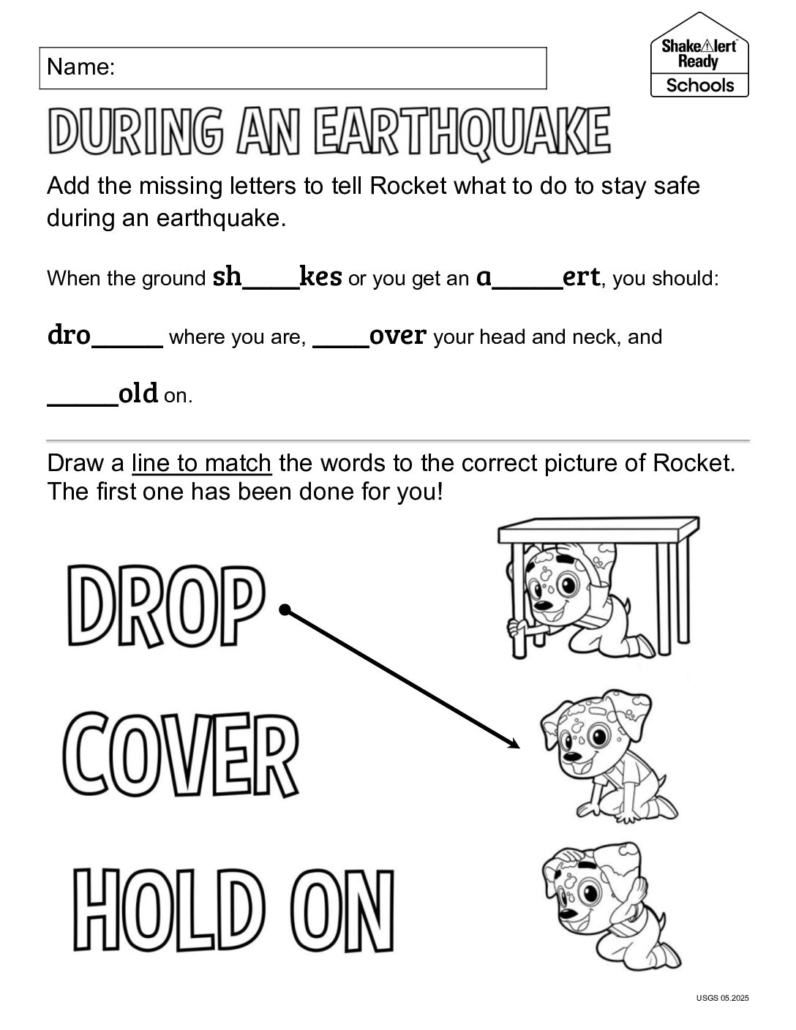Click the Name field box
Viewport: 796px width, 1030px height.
[293, 68]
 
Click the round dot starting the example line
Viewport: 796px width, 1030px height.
[285, 609]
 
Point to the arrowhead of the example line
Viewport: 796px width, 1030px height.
[514, 745]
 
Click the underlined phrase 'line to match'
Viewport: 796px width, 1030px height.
[201, 463]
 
